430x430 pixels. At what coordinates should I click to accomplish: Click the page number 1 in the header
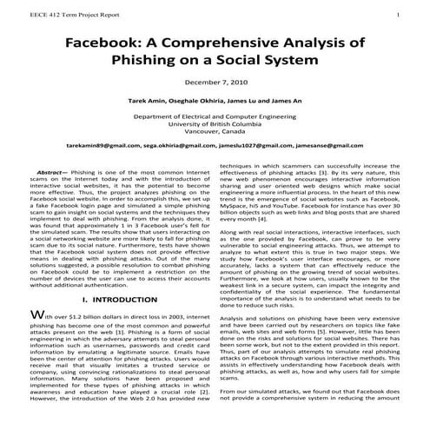pyautogui.click(x=398, y=14)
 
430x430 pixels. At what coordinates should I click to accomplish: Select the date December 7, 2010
pyautogui.click(x=215, y=82)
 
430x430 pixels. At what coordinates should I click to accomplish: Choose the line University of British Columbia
pyautogui.click(x=215, y=124)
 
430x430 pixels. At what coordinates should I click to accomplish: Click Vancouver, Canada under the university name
pyautogui.click(x=215, y=133)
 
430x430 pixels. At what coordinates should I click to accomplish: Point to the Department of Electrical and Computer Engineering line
pyautogui.click(x=215, y=116)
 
